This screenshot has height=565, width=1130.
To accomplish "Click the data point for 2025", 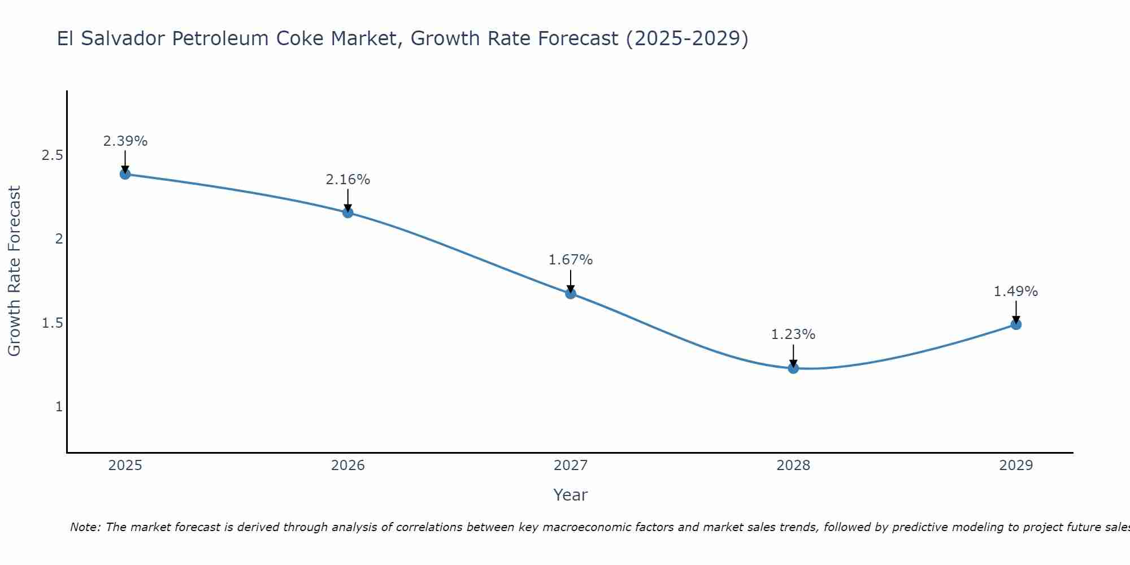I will (125, 174).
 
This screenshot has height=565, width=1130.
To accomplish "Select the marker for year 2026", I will (348, 212).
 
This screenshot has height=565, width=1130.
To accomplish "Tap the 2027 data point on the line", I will (571, 293).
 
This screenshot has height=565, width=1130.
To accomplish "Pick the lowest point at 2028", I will (793, 368).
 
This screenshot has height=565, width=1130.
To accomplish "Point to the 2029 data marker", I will (1016, 324).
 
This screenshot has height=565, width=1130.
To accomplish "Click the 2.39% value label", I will (125, 141).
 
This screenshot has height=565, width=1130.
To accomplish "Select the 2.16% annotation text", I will (348, 180).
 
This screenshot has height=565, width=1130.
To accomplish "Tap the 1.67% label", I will (571, 260).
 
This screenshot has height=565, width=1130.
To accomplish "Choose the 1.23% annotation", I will (793, 334).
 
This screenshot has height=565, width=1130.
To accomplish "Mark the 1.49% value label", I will (1016, 292).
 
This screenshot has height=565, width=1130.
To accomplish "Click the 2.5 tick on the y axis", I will (52, 155).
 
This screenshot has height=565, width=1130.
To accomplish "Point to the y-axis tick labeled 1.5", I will (52, 323).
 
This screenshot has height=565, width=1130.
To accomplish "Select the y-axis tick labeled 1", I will (59, 407).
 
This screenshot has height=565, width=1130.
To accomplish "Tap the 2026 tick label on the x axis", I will (348, 466).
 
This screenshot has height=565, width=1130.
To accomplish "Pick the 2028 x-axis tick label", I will (793, 466).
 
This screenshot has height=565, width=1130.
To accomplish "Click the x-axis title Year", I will (571, 495).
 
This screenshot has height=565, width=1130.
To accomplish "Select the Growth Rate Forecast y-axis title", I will (14, 271).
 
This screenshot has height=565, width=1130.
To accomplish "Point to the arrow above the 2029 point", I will (1016, 312).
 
